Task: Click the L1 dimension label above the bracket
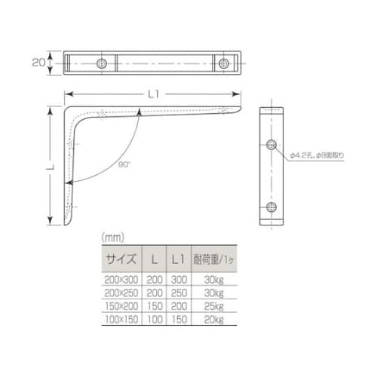tap(154, 94)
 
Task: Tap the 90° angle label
tap(124, 164)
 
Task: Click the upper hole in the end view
tap(272, 144)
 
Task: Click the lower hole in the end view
tap(272, 206)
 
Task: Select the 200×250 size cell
tap(121, 293)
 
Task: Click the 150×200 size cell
tap(121, 307)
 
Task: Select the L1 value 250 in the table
tap(178, 293)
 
